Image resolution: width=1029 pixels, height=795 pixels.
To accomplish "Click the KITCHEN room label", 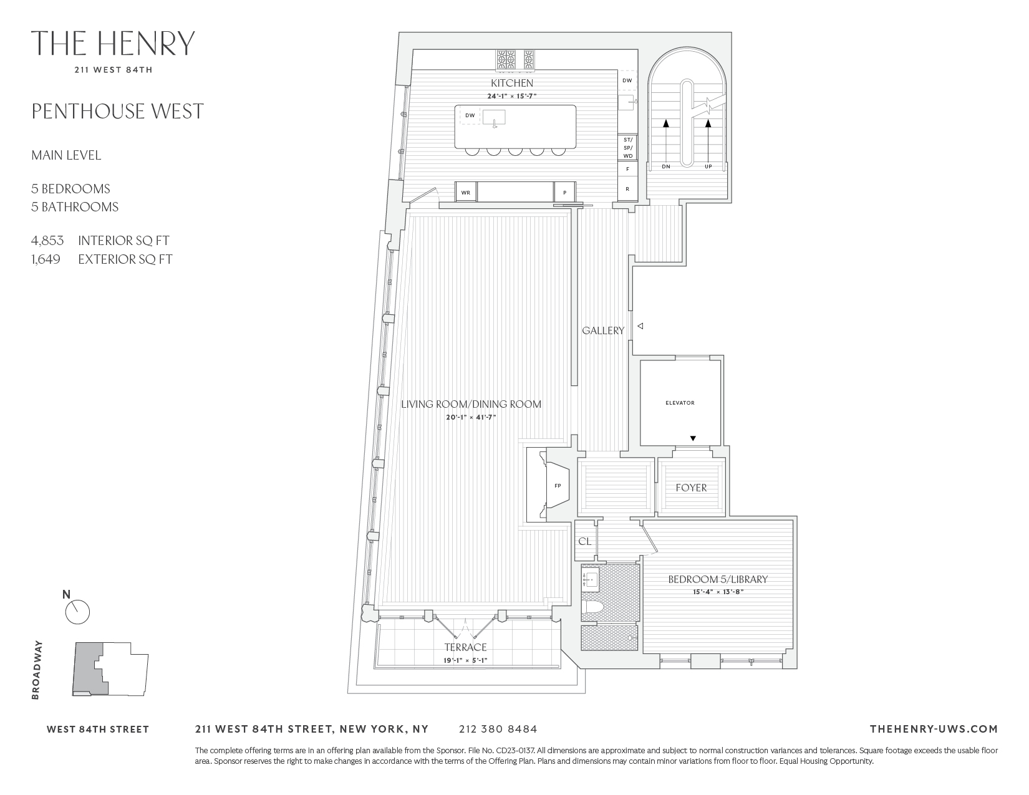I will tap(511, 83).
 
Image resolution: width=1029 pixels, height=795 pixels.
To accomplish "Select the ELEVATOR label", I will tap(680, 403).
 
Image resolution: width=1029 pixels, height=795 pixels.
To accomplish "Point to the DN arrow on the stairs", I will tap(665, 143).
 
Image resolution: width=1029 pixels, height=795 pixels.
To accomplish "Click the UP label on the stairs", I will tap(708, 166).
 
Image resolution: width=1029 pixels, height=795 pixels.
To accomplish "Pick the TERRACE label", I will tap(465, 647).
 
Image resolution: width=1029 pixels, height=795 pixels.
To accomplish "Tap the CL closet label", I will tap(584, 541).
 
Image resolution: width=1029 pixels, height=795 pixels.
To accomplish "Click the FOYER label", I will tap(691, 488).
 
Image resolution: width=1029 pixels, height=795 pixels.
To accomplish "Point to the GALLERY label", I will tap(602, 330).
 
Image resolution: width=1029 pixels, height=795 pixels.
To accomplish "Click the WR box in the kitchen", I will tap(465, 193).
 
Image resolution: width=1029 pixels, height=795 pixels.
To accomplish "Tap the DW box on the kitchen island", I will tap(470, 115).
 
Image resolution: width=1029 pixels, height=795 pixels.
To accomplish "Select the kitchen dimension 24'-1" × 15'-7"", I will tap(511, 96).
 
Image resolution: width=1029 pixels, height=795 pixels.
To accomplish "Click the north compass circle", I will tap(78, 612).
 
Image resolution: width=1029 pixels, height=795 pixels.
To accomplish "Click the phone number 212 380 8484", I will tap(497, 729).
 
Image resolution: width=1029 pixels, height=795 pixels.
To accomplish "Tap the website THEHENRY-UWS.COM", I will tap(933, 729).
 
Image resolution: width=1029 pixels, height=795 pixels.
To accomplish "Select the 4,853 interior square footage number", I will tap(47, 241).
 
